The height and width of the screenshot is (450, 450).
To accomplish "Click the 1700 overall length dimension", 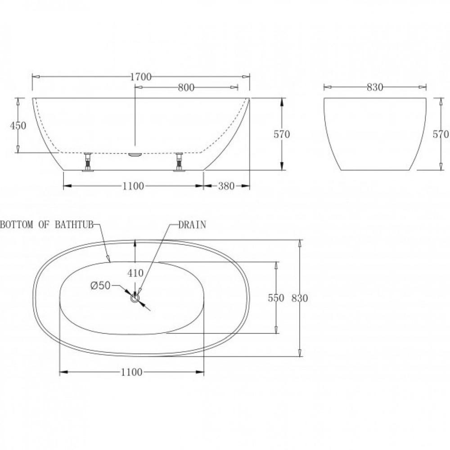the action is click(140, 76).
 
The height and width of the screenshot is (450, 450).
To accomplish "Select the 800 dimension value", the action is click(186, 87).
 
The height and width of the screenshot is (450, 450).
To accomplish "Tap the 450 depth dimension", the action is click(18, 126).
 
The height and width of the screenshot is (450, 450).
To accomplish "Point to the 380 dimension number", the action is click(226, 186).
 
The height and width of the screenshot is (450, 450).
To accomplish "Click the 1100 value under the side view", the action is click(133, 186).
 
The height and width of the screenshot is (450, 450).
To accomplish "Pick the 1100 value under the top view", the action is click(131, 372).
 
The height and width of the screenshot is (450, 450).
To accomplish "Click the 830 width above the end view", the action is click(375, 87).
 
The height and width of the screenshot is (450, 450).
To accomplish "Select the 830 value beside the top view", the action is click(300, 298).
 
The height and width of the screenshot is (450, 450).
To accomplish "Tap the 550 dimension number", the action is click(276, 298).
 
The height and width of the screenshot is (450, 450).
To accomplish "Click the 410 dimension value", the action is click(135, 273).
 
